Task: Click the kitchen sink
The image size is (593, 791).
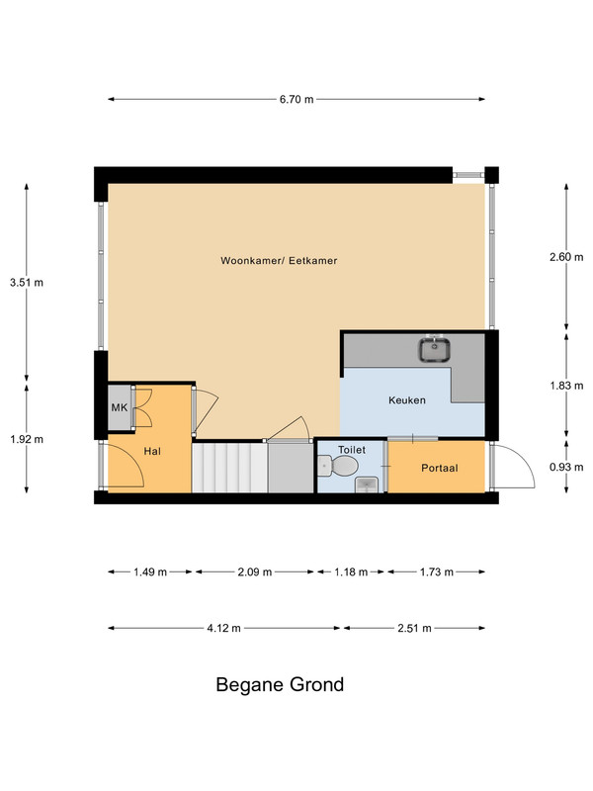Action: tap(434, 350)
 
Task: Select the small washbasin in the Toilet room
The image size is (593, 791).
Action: tap(367, 485)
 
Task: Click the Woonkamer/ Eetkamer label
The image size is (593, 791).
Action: tap(279, 261)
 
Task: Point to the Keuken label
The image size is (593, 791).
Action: tap(407, 400)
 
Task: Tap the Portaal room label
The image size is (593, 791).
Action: tap(439, 468)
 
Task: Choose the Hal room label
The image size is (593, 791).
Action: tap(152, 451)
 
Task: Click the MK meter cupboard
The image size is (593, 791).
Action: tap(120, 407)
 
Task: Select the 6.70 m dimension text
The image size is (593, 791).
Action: tap(296, 100)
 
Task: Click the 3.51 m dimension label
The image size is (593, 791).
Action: tap(27, 283)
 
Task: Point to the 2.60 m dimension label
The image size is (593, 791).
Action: tap(566, 257)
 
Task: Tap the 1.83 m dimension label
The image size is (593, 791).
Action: tap(566, 386)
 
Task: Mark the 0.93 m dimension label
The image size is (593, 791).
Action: tap(566, 467)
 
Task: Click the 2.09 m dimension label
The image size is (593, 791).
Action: tap(255, 572)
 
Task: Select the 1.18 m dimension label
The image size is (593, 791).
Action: tap(351, 572)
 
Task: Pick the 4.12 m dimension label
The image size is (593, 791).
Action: tap(224, 629)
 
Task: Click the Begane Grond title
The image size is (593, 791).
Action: tap(280, 684)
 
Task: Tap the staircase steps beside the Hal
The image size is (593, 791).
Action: tap(229, 467)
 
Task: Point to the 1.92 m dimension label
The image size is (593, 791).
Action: tap(27, 439)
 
